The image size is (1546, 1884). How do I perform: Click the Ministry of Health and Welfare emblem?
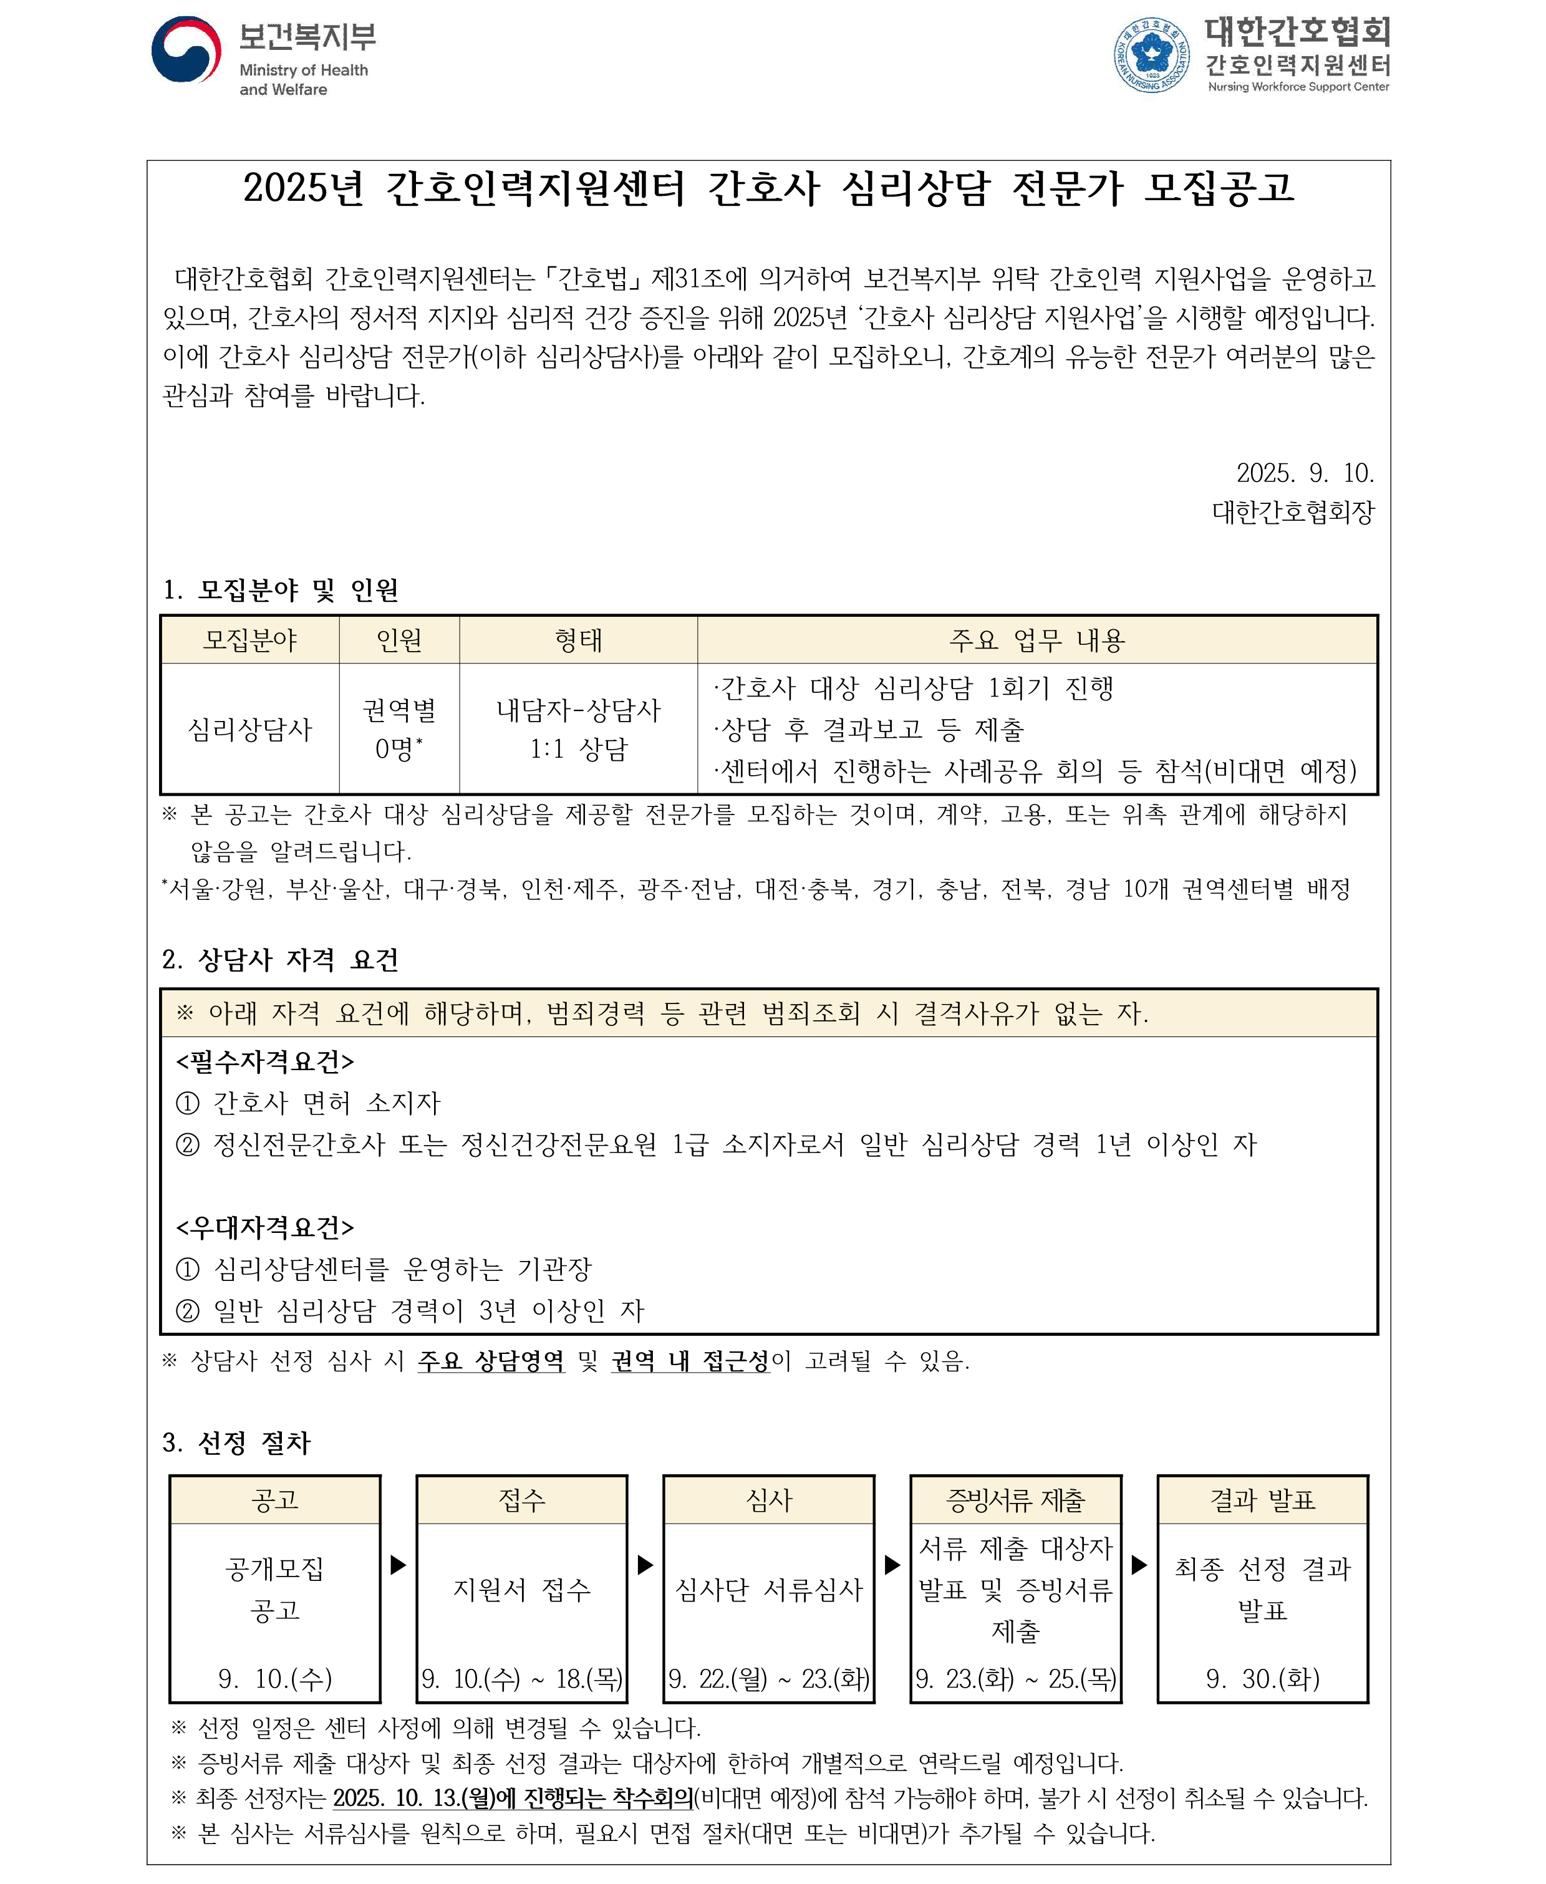point(186,50)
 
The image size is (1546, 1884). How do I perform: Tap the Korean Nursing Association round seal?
point(1151,54)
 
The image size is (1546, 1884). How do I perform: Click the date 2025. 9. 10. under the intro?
point(1305,473)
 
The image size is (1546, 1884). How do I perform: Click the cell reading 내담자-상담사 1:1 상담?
point(578,729)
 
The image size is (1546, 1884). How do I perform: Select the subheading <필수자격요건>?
point(266,1062)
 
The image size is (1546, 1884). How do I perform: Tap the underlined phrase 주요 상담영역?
point(491,1361)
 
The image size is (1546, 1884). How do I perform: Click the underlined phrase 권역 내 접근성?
point(690,1361)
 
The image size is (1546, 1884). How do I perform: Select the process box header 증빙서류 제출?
point(1015,1501)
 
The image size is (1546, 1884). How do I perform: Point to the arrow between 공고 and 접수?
point(398,1564)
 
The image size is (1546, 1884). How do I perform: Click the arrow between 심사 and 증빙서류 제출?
point(891,1564)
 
